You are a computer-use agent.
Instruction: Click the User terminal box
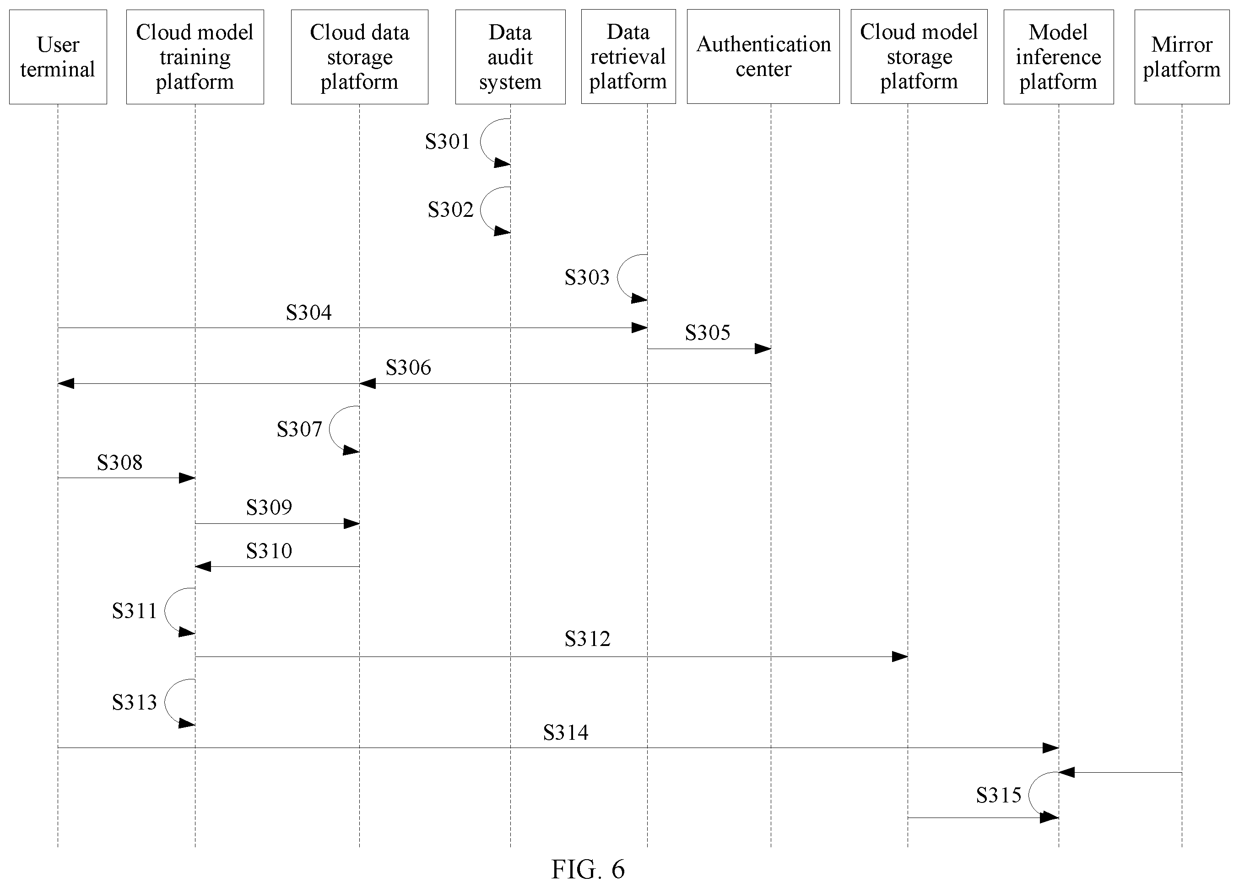pyautogui.click(x=58, y=57)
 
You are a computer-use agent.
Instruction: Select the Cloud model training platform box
pyautogui.click(x=195, y=57)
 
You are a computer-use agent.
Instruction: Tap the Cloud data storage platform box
pyautogui.click(x=359, y=57)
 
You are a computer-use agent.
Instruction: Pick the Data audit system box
pyautogui.click(x=510, y=57)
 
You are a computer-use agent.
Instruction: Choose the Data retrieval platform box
pyautogui.click(x=628, y=57)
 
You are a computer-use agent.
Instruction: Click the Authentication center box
pyautogui.click(x=763, y=57)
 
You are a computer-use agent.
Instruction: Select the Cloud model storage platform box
pyautogui.click(x=919, y=57)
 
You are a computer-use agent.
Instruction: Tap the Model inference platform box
pyautogui.click(x=1059, y=57)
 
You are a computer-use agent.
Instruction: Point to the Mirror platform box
pyautogui.click(x=1182, y=57)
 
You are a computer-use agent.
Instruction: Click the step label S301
pyautogui.click(x=448, y=142)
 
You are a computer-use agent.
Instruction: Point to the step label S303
pyautogui.click(x=587, y=277)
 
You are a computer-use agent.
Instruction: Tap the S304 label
pyautogui.click(x=308, y=312)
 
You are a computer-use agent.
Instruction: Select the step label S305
pyautogui.click(x=708, y=333)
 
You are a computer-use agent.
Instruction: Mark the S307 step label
pyautogui.click(x=299, y=429)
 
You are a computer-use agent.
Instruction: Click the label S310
pyautogui.click(x=269, y=551)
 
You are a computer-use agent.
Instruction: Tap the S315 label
pyautogui.click(x=999, y=796)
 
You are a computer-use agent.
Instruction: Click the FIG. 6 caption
pyautogui.click(x=588, y=869)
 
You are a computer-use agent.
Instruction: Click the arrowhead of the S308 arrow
pyautogui.click(x=187, y=479)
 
